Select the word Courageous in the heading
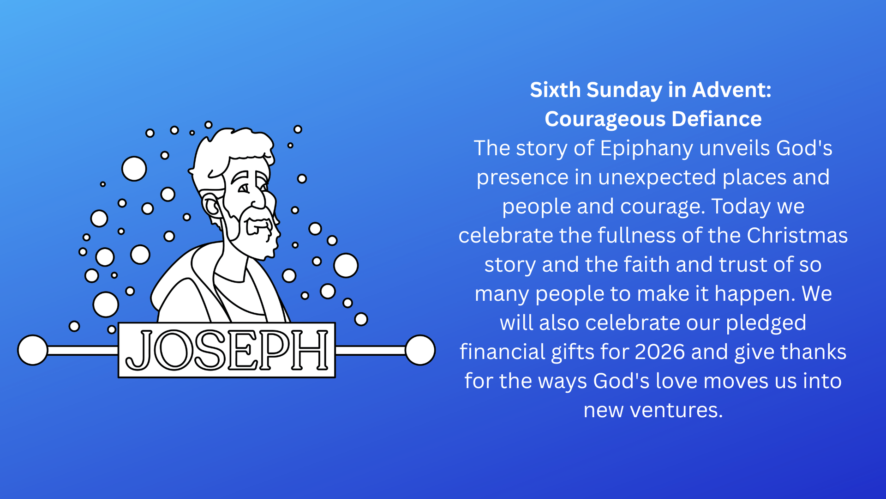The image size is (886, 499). [605, 120]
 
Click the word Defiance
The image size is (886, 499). [717, 119]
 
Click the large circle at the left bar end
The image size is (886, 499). [33, 350]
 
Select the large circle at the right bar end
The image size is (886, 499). [420, 350]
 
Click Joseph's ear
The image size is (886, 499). [211, 206]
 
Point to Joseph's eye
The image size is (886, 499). [244, 189]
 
